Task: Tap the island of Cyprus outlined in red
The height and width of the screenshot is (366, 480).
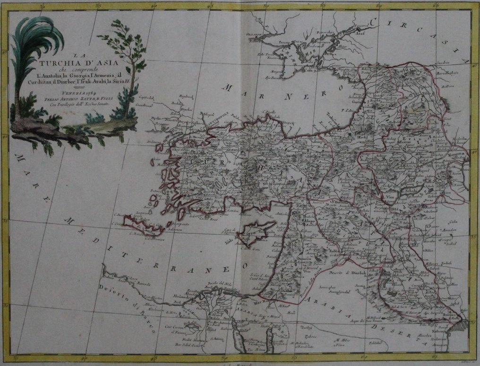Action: click(256, 232)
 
